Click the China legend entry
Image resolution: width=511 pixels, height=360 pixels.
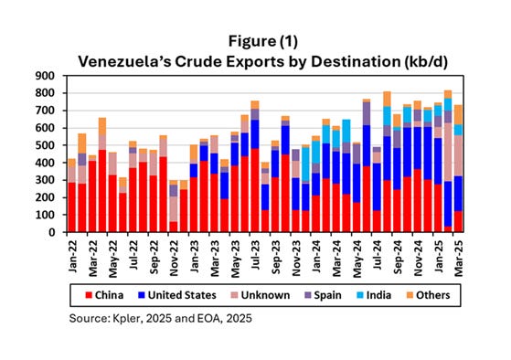pos(104,295)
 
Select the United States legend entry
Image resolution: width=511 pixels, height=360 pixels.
pos(177,295)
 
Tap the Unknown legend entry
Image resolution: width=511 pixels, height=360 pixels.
pos(261,295)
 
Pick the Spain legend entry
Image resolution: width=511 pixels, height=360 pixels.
pos(323,295)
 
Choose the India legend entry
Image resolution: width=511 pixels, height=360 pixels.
pos(374,295)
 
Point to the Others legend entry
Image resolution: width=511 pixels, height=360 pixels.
pos(428,295)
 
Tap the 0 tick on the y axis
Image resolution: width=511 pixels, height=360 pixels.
pos(51,232)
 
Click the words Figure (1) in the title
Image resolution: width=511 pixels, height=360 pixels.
pos(262,41)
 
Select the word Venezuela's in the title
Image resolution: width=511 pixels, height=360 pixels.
pos(124,61)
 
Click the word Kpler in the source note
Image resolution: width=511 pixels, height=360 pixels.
pos(126,318)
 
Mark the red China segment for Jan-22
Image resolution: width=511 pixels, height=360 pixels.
pos(72,207)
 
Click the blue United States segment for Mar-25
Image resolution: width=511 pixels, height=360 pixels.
pos(459,194)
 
